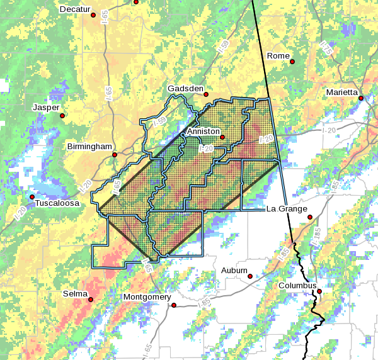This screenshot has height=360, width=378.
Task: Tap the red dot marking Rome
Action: click(x=292, y=61)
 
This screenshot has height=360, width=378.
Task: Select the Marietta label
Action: click(x=342, y=93)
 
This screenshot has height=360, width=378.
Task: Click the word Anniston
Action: click(x=203, y=131)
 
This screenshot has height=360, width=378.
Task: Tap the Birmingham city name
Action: click(x=89, y=146)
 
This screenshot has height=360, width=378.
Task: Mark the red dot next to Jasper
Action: click(x=62, y=115)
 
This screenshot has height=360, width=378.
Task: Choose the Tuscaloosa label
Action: click(x=57, y=203)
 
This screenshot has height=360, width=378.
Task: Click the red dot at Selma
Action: click(x=90, y=300)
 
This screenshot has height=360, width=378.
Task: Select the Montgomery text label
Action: click(x=147, y=297)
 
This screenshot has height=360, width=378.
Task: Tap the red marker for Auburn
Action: click(x=250, y=276)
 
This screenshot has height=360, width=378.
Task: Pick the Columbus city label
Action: click(x=297, y=285)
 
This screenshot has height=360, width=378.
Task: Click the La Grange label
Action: click(x=287, y=208)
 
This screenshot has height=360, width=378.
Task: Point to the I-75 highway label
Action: click(x=326, y=47)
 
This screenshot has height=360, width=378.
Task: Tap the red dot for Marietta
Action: click(x=361, y=98)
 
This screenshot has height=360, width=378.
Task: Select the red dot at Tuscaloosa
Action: click(x=31, y=197)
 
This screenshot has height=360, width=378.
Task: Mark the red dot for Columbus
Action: click(x=319, y=291)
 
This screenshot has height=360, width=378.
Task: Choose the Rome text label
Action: click(x=278, y=55)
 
